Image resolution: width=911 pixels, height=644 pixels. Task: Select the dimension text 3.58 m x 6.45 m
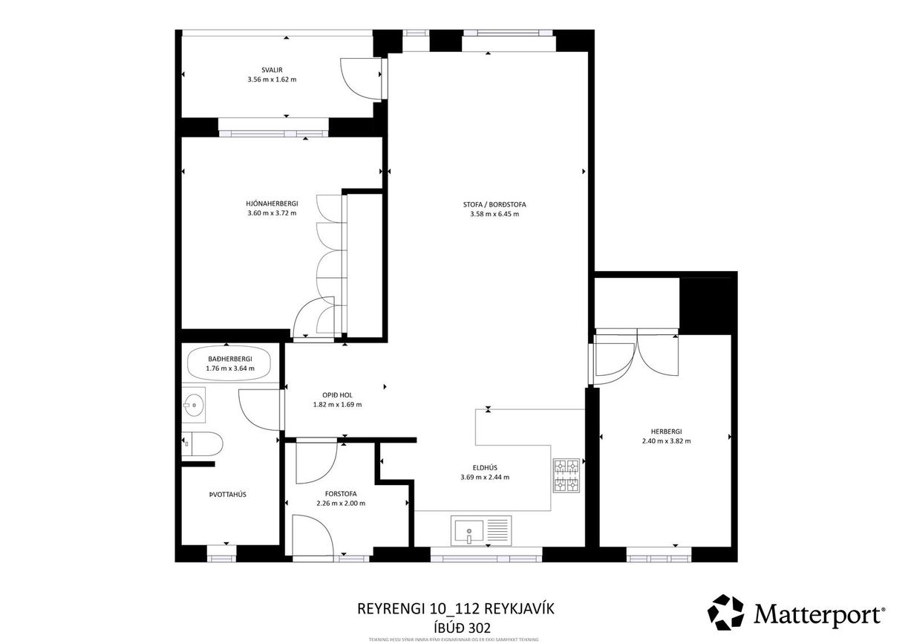point(494,214)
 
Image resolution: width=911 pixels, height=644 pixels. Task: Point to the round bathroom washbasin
point(196,405)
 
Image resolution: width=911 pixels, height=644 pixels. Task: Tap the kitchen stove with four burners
point(566,475)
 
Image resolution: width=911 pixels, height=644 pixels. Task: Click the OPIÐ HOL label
point(337,395)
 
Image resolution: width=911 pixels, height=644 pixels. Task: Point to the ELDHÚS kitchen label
point(485,467)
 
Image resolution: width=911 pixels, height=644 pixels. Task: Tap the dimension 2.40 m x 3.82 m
point(666,440)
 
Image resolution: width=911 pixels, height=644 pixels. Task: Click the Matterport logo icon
point(725,612)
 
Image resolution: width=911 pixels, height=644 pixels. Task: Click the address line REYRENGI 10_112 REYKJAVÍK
point(456,608)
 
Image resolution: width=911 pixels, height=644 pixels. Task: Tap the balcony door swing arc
point(355,77)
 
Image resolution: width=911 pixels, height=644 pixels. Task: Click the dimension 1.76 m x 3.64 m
point(229,368)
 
